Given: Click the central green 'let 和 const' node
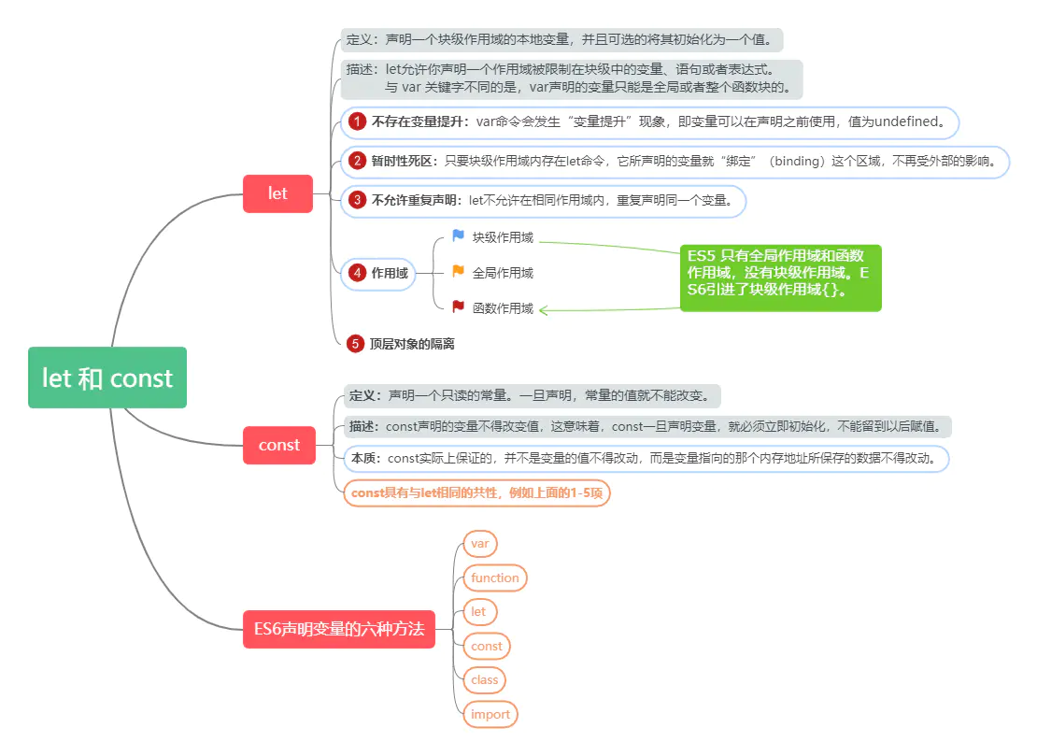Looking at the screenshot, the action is click(107, 378).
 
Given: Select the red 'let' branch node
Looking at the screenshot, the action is click(277, 193).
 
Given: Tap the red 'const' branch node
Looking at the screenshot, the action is click(278, 445).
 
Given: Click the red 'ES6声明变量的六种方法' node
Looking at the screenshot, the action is click(338, 629).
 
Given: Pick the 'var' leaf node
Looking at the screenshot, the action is click(480, 544).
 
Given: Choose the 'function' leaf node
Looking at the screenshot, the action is click(495, 578).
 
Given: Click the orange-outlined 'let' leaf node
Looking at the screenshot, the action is click(478, 612).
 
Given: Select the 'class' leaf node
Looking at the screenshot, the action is click(485, 679).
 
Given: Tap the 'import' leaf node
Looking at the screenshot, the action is click(490, 714).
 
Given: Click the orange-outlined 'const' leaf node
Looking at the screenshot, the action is click(487, 646).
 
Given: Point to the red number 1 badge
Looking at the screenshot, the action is click(357, 121).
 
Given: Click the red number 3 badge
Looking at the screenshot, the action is click(357, 200).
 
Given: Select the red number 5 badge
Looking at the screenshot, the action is click(355, 344).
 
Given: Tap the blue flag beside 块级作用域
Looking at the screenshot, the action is click(458, 236).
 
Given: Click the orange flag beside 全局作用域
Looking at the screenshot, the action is click(458, 272).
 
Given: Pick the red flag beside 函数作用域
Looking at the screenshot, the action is click(458, 307).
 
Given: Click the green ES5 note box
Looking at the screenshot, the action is click(780, 278).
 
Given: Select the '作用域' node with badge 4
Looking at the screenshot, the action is click(378, 274).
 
